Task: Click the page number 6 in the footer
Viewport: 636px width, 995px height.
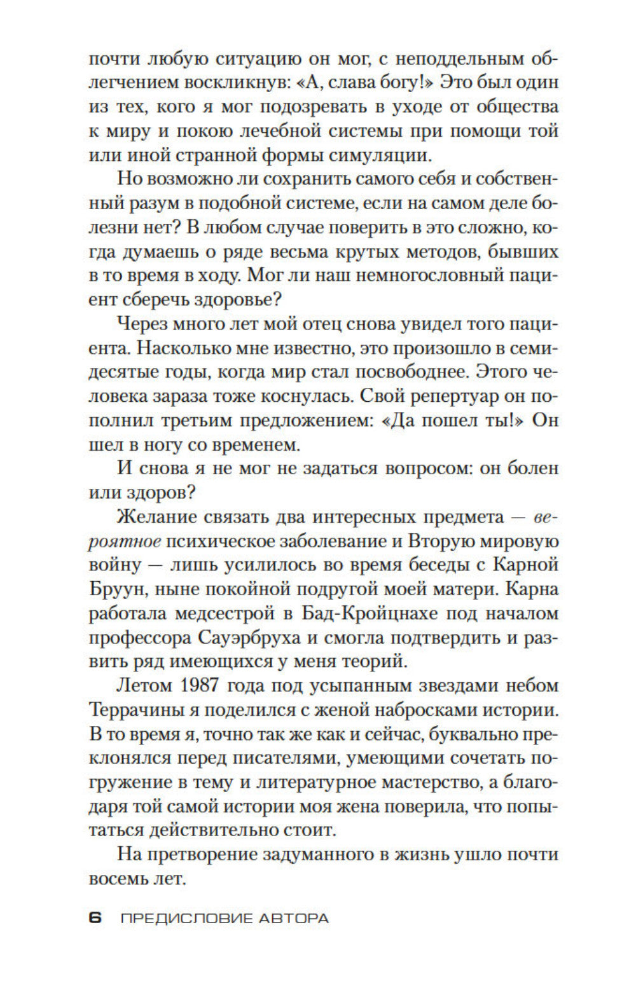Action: [95, 917]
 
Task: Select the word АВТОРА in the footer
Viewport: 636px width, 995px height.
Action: [294, 918]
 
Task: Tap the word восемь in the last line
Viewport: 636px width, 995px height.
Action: [121, 879]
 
